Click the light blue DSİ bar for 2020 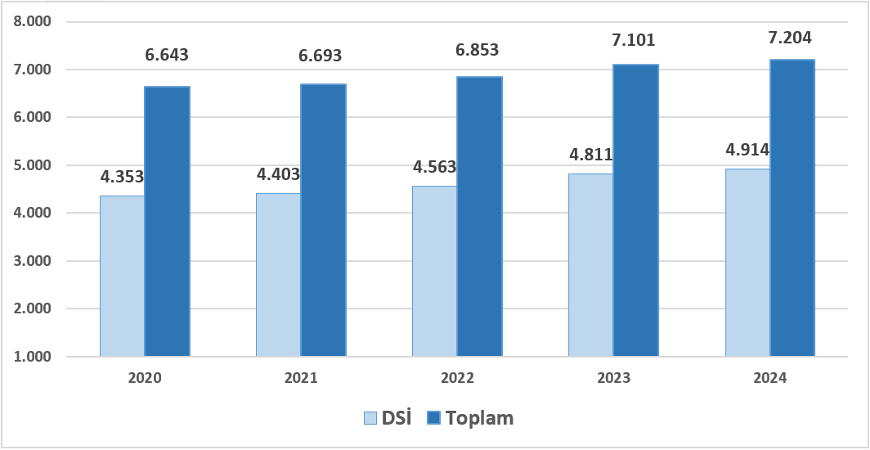click(x=122, y=277)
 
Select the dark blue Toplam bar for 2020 click(x=167, y=221)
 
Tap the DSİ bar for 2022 click(x=434, y=271)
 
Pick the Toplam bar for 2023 click(x=635, y=210)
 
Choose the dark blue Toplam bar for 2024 click(x=792, y=208)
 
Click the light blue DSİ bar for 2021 click(x=278, y=275)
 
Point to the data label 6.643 click(x=167, y=56)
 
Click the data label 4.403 click(x=278, y=174)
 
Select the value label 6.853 click(x=478, y=50)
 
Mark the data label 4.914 click(x=747, y=151)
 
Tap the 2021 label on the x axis click(x=301, y=379)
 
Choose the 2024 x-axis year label click(x=769, y=379)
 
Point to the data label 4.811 click(x=591, y=154)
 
